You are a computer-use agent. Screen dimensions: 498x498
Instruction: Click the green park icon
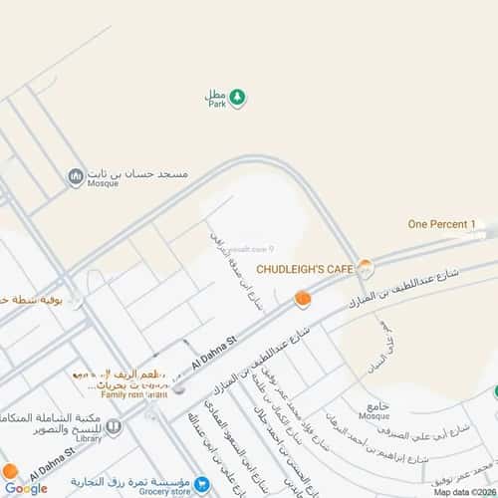(x=238, y=97)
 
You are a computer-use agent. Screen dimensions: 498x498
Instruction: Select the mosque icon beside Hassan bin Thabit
(x=75, y=177)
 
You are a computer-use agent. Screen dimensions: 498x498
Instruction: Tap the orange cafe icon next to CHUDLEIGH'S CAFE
(x=366, y=267)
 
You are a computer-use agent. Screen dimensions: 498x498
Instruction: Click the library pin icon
(x=115, y=427)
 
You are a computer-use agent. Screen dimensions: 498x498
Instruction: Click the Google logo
(x=25, y=488)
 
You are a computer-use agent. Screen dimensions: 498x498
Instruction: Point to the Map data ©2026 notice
(x=463, y=492)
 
